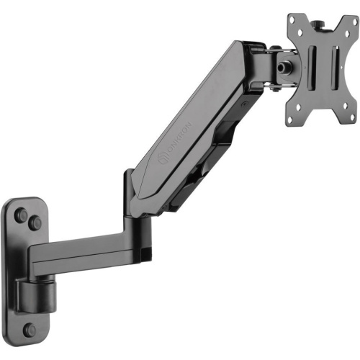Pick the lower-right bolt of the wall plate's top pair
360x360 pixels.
(x=35, y=224)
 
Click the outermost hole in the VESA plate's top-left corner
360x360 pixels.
(x=293, y=19)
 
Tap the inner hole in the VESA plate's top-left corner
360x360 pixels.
(x=300, y=32)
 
